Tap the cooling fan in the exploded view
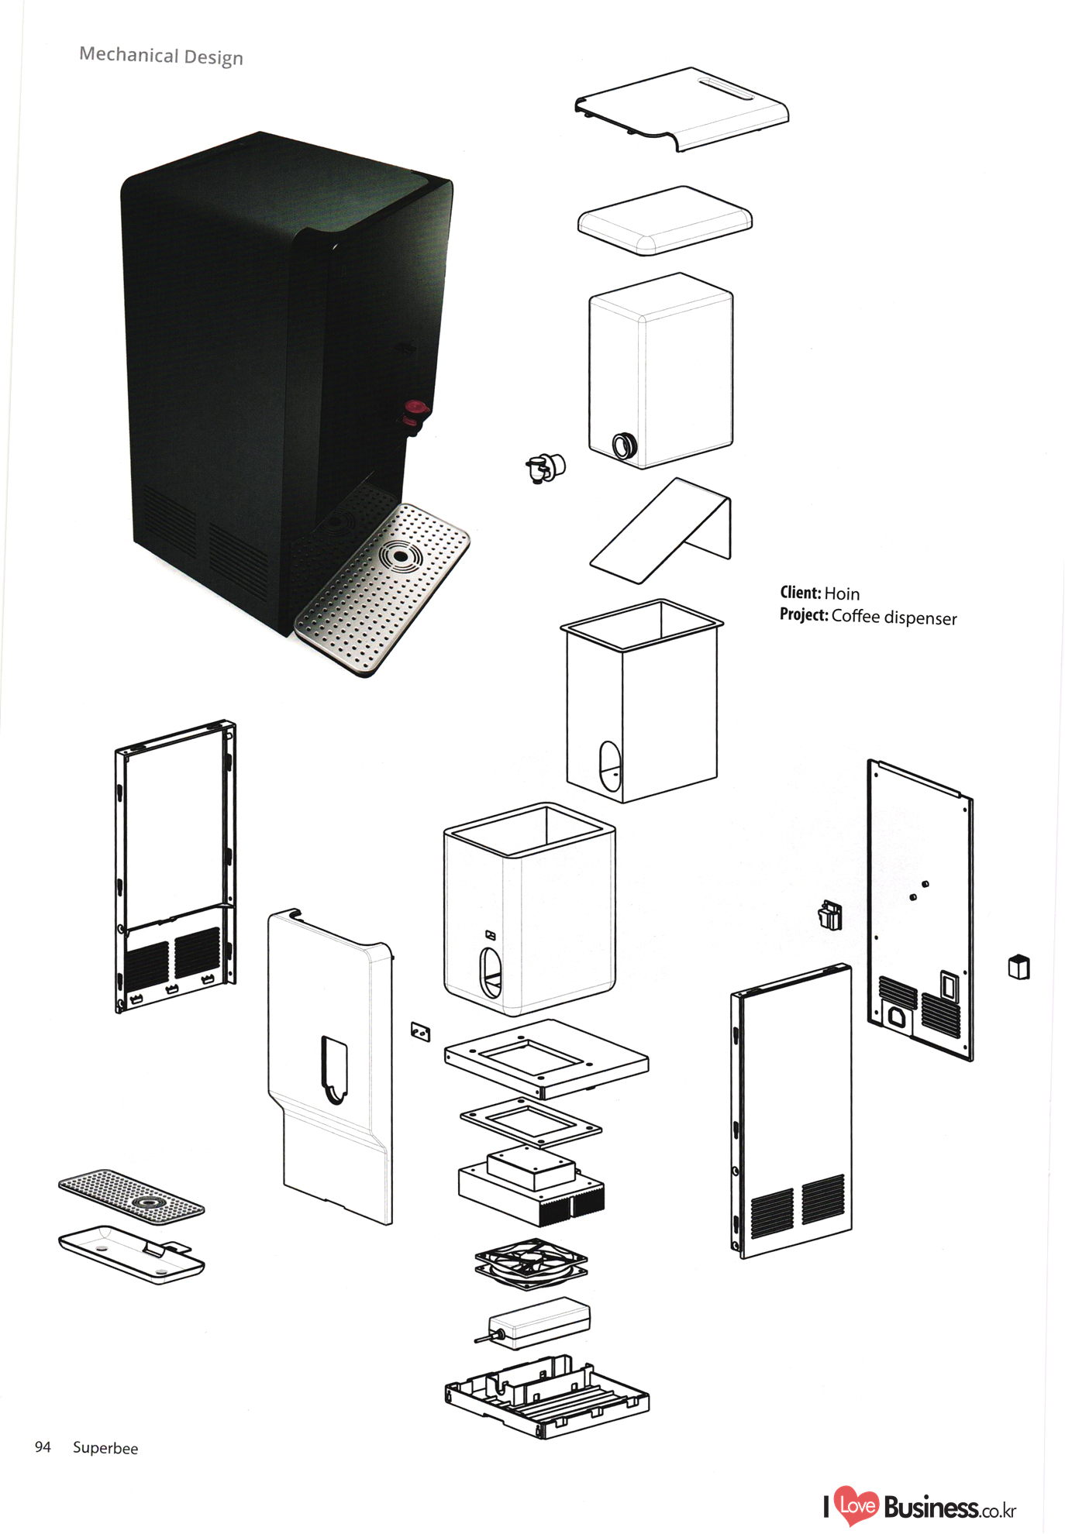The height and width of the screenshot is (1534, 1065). coord(531,1264)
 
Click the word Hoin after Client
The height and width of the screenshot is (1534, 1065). coord(842,594)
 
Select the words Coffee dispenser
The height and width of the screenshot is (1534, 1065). coord(894,617)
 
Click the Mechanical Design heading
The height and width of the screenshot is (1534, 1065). coord(161,56)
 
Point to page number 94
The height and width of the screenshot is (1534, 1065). coord(43,1446)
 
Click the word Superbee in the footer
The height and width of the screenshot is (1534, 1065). coord(105,1448)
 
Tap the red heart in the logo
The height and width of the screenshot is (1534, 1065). coord(856,1505)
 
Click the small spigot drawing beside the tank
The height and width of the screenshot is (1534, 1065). coord(546,468)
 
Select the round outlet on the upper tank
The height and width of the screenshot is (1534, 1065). coord(624,445)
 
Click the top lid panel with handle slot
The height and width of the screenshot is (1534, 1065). coord(682,108)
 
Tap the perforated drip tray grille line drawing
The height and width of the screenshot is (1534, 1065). coord(131,1196)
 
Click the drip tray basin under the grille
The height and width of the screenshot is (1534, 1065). coord(131,1254)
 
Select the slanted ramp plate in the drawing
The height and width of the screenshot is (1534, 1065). coord(661,531)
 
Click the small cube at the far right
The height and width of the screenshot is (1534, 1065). coord(1018,967)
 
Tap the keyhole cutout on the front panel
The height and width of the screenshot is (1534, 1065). coord(335,1069)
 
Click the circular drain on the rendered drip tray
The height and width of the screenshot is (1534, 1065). coord(401,556)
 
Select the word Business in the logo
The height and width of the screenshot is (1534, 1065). coord(930,1508)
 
